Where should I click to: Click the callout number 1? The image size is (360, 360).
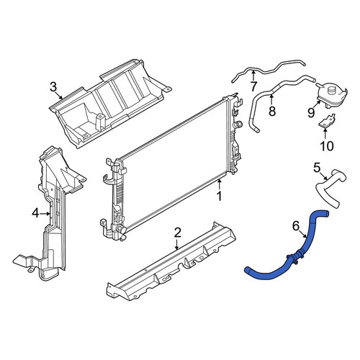coord(220,196)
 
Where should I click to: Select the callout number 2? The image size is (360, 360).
coord(177,233)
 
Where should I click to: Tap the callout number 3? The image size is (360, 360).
coord(53,87)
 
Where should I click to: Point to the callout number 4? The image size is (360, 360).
coord(35,213)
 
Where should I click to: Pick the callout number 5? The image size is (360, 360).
coord(317,168)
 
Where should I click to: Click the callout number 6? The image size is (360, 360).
coord(296,226)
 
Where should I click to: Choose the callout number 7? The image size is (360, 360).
coord(253,86)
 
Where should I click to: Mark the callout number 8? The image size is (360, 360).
coord(272,111)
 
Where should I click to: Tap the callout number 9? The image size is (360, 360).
coord(311,112)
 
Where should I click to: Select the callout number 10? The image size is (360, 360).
coord(327,145)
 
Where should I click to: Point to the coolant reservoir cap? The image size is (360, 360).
coord(332,90)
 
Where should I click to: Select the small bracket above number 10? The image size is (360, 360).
coord(327,120)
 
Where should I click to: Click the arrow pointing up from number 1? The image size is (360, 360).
coord(219,185)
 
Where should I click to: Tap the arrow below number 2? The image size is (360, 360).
coord(177,244)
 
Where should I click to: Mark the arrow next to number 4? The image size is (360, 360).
coord(45,213)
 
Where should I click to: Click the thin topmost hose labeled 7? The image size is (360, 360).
coord(269,70)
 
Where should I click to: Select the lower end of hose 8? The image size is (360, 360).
coord(256,130)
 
